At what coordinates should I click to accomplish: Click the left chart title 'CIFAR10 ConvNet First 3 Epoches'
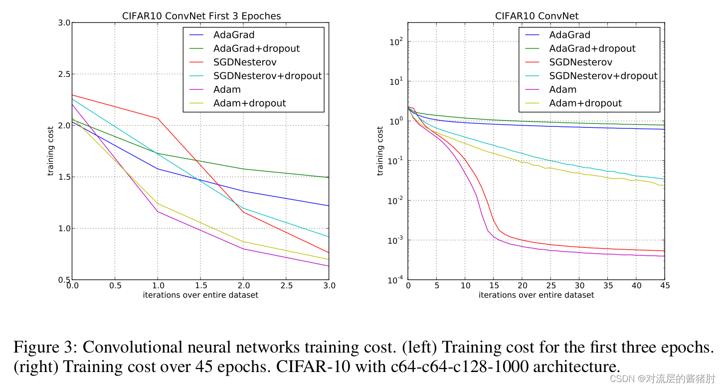(201, 16)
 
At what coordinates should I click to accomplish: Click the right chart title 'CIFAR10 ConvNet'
(537, 16)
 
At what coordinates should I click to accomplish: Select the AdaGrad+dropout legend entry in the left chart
(256, 48)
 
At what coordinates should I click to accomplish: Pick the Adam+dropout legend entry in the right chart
(585, 103)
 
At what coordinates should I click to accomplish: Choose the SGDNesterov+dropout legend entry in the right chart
(603, 76)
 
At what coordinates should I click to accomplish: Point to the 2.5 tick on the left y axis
(63, 74)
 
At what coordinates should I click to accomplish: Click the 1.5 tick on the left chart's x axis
(200, 286)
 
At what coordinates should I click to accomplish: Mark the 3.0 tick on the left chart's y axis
(63, 23)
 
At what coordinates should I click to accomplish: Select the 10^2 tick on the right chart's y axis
(396, 42)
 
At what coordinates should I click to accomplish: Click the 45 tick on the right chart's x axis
(664, 286)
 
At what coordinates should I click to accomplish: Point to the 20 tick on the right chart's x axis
(522, 286)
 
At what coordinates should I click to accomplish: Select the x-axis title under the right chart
(536, 295)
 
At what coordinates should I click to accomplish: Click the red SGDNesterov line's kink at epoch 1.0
(158, 118)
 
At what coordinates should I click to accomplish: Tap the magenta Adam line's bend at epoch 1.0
(158, 211)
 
